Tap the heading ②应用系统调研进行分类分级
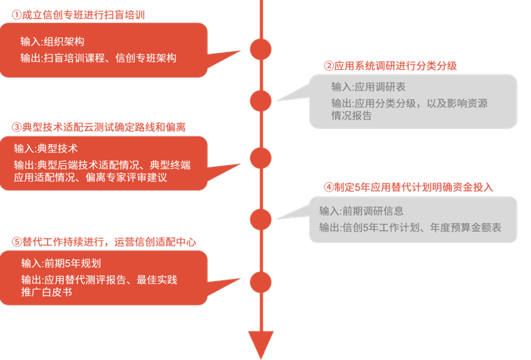[390, 65]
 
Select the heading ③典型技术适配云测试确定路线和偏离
[99, 126]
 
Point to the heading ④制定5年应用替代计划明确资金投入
[408, 187]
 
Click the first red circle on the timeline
[260, 48]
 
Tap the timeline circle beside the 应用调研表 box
[260, 99]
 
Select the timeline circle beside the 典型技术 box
[260, 158]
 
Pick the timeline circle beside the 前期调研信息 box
[260, 219]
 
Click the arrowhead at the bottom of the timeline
[260, 345]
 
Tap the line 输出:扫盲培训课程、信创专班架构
[99, 58]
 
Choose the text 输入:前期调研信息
[361, 210]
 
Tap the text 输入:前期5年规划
[61, 263]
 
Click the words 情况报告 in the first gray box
[351, 116]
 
